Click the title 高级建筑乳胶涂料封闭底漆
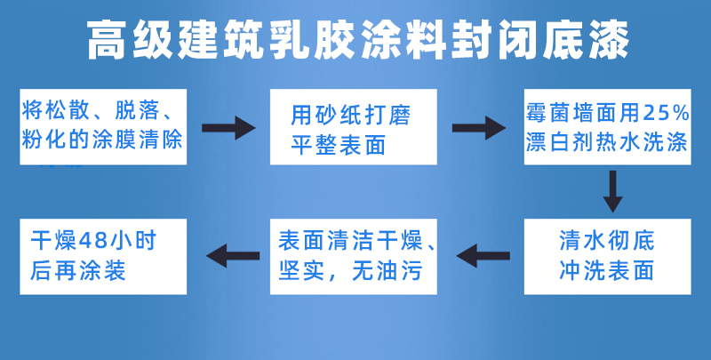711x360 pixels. pos(358,39)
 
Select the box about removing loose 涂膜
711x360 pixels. pos(103,127)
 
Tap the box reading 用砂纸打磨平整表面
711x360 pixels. pos(354,127)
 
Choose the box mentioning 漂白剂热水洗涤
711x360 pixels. pos(608,127)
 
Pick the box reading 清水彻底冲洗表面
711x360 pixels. pos(608,257)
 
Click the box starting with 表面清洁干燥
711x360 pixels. pos(354,257)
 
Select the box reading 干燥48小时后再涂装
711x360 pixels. pos(103,257)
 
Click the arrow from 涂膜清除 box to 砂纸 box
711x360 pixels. pos(228,128)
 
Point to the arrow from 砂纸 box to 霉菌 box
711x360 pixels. pos(479,128)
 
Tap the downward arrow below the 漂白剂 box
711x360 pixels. pos(612,191)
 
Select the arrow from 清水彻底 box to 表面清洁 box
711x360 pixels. pos(483,256)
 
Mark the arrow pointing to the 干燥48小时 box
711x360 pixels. pos(233,256)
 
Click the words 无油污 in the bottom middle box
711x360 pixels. pos(387,271)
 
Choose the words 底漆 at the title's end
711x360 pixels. pos(586,39)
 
